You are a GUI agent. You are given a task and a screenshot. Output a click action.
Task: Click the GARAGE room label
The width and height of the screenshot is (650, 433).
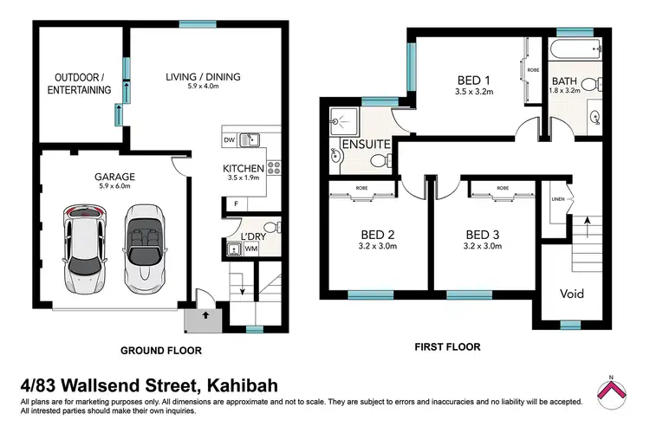point(114,176)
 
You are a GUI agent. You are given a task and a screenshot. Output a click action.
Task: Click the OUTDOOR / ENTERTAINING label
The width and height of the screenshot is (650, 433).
point(79,83)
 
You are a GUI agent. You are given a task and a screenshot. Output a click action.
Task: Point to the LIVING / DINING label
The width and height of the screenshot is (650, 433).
point(203,77)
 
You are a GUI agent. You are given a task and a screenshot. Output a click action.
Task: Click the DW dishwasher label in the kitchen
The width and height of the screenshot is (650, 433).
point(230,140)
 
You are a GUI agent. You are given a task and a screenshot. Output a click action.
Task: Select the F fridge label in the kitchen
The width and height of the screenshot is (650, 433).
point(234,204)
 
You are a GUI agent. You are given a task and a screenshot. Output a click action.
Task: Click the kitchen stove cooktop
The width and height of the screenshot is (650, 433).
point(274,167)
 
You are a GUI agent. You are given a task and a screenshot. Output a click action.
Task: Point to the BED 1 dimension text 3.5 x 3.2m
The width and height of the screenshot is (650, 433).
point(475,94)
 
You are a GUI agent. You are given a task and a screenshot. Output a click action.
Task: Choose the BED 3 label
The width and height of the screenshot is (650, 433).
point(482,234)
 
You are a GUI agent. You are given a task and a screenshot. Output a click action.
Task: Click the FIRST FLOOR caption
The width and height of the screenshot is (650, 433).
point(446,346)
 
